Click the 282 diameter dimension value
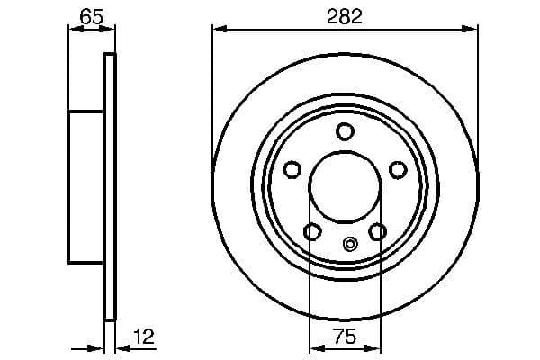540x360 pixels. coord(344,15)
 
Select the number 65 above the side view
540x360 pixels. coord(91,15)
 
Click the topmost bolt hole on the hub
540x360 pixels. coord(345,132)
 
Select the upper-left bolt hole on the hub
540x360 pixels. coord(292,170)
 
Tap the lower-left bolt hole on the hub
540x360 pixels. coord(312,232)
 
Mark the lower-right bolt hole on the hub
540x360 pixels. coord(378,232)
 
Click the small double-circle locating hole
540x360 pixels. coord(351,241)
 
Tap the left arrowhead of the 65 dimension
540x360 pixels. coord(75,30)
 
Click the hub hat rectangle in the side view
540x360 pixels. coord(86,187)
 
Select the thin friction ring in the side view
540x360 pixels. coord(110,187)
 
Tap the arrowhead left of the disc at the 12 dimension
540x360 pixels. coord(98,348)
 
